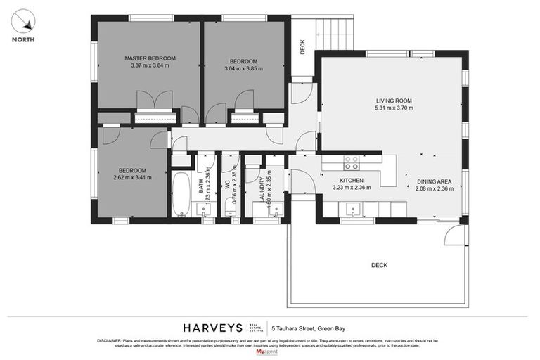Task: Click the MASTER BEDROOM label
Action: (x=150, y=58)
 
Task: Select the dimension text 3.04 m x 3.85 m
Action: (x=243, y=68)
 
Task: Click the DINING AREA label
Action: (x=434, y=181)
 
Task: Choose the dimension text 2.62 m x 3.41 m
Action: (x=131, y=179)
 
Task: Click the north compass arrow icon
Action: (x=25, y=20)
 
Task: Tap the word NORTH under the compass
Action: (x=25, y=40)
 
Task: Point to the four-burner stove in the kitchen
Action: (x=351, y=162)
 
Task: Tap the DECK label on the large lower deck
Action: (x=379, y=265)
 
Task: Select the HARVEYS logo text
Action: (x=214, y=328)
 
